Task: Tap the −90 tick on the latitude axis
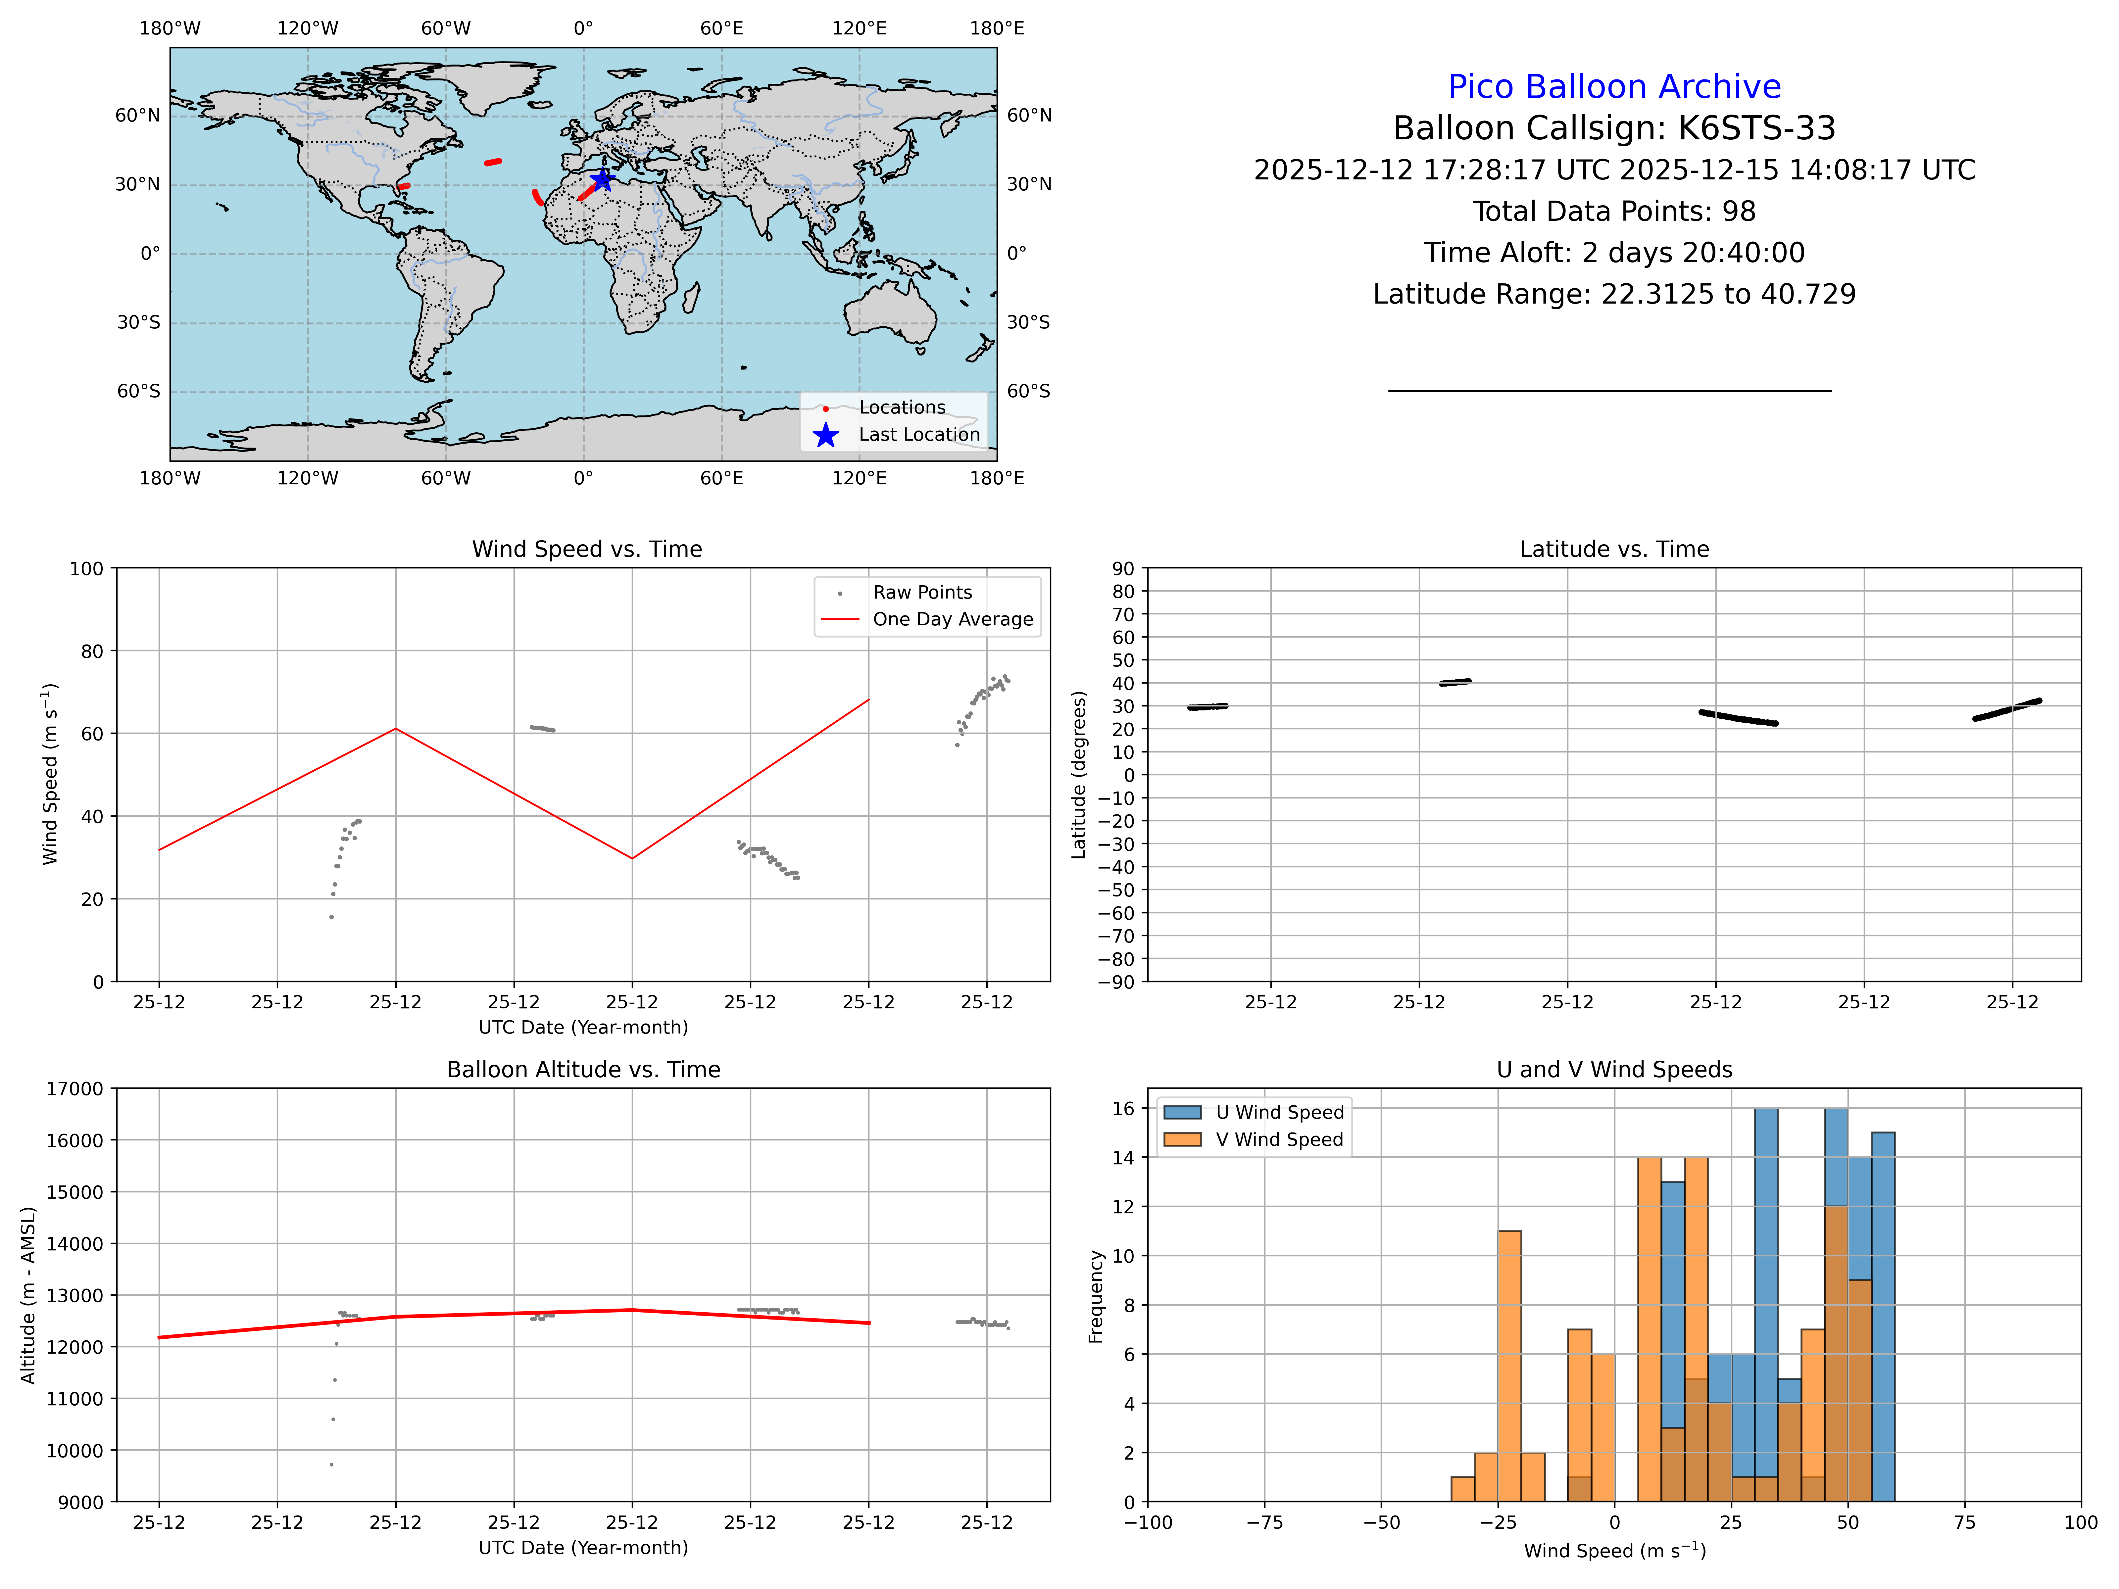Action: click(x=1116, y=982)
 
